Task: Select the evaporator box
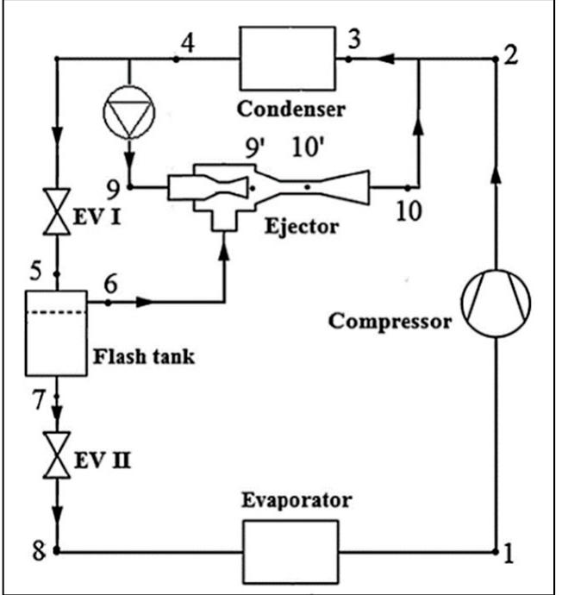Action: (290, 548)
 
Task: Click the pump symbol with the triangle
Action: (127, 111)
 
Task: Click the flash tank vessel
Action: (57, 332)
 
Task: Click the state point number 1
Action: (509, 554)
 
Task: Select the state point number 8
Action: (37, 549)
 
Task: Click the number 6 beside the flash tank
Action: (109, 283)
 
